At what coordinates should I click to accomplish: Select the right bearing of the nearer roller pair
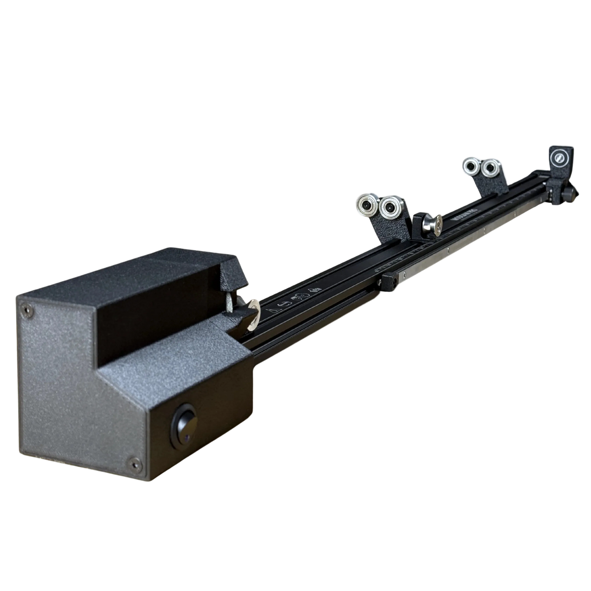389,208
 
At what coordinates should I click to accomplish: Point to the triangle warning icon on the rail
270,312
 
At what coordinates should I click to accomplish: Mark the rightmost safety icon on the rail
315,290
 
